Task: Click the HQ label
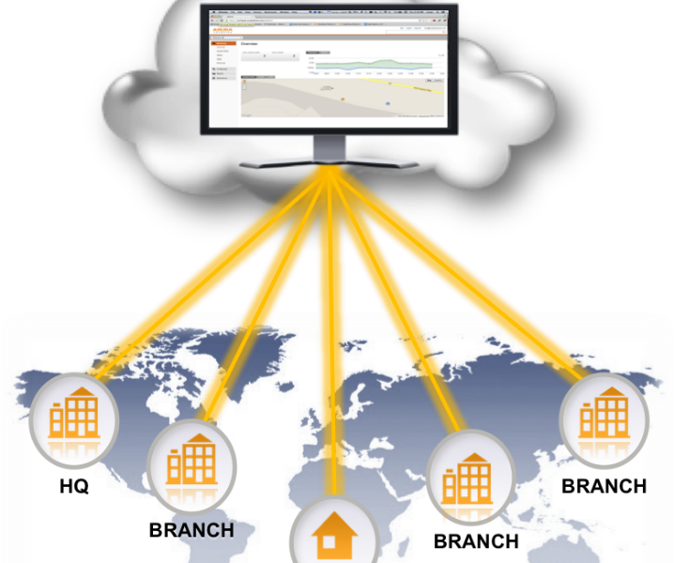pyautogui.click(x=73, y=488)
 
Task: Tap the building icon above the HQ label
pyautogui.click(x=74, y=414)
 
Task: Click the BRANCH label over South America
pyautogui.click(x=191, y=530)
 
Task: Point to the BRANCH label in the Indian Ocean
pyautogui.click(x=476, y=541)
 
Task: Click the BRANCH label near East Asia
pyautogui.click(x=604, y=486)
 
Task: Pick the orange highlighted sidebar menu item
pyautogui.click(x=223, y=43)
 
